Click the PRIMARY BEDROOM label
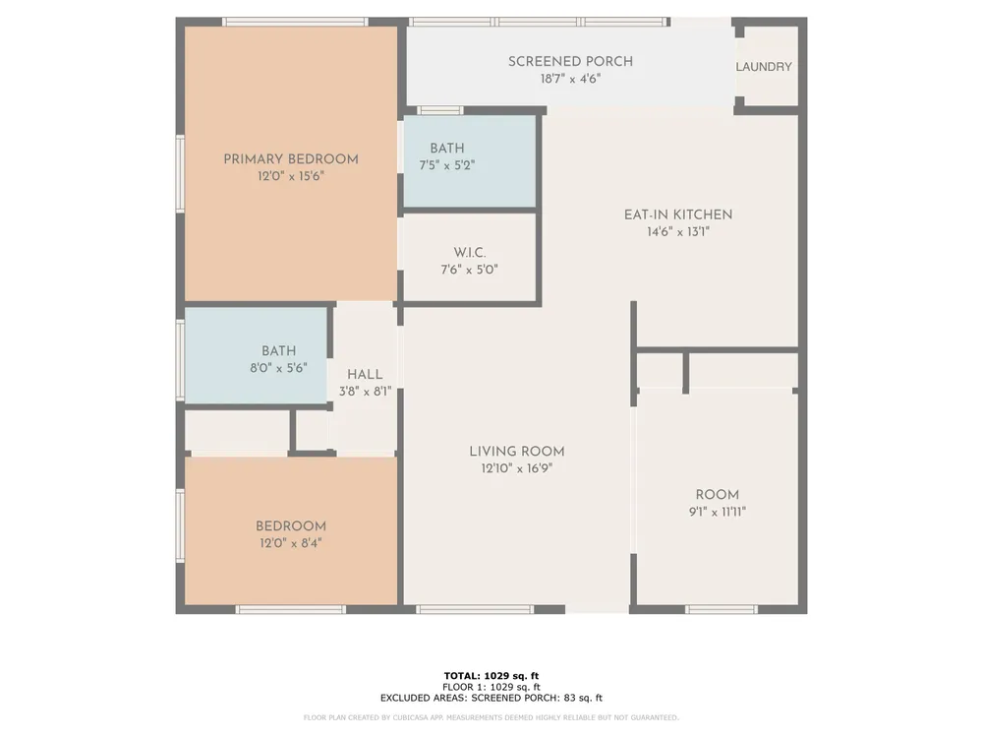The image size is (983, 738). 291,159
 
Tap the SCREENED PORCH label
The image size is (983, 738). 570,61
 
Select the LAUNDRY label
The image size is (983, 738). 764,67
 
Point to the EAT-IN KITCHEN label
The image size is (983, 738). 678,215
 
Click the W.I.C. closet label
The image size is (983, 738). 470,253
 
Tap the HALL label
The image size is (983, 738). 365,375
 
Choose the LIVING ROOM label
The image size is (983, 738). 517,452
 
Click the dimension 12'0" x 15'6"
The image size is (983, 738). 291,176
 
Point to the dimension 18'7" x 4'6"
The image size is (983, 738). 570,79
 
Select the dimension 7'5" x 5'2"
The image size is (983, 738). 447,165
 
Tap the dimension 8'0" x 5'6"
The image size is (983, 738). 278,368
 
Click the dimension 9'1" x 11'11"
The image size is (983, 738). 718,512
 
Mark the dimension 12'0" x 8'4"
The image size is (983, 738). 291,543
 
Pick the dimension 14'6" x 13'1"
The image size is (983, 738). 678,232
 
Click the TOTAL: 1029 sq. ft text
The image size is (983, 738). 491,676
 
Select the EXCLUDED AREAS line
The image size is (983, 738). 491,698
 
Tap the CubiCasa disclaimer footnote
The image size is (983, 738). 491,717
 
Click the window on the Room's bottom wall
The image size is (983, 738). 721,609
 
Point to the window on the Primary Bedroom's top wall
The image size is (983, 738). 295,22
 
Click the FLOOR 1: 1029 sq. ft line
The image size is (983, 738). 491,687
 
